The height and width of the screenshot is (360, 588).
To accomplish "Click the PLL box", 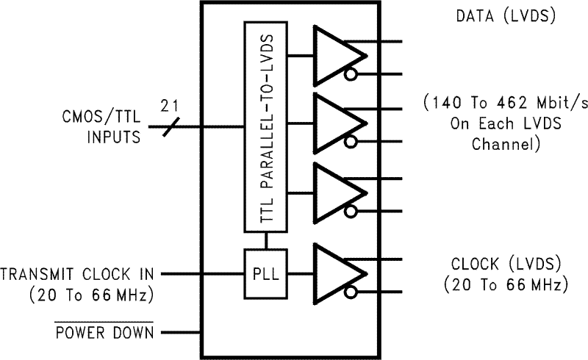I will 265,273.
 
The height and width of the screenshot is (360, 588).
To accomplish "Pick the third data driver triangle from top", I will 337,192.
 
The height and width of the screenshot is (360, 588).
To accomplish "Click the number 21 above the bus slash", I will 170,104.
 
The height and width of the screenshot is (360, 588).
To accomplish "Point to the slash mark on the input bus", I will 170,126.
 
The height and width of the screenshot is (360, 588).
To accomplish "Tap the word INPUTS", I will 114,137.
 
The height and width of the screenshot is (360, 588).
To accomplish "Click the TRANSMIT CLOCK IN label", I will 78,274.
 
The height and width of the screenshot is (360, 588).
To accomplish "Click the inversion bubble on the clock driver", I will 352,292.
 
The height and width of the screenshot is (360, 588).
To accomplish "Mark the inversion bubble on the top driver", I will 352,73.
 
